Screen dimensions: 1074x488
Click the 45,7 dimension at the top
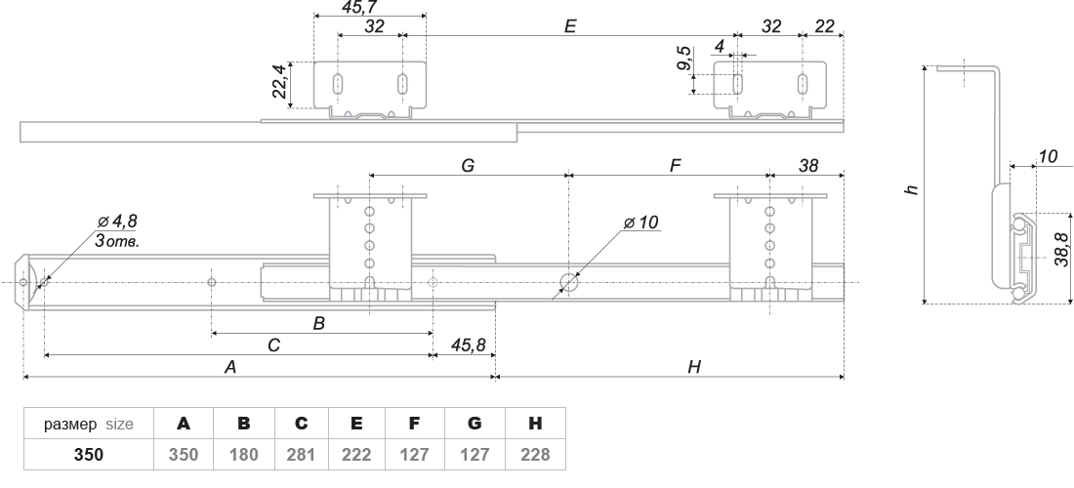(x=359, y=7)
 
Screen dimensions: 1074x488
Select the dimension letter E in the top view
(x=570, y=26)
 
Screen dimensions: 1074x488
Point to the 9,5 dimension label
(x=682, y=59)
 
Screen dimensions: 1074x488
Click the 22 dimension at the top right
(x=825, y=26)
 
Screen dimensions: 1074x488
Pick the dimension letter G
(x=468, y=166)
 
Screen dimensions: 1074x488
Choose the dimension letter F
(x=676, y=166)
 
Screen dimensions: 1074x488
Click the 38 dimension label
(x=808, y=166)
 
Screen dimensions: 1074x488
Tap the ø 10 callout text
(x=641, y=223)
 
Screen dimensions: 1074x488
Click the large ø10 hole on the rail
(x=568, y=281)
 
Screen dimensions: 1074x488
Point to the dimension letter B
(x=318, y=323)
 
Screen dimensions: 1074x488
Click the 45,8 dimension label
(x=469, y=345)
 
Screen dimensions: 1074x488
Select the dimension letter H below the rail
(x=694, y=367)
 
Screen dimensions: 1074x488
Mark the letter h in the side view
(x=910, y=188)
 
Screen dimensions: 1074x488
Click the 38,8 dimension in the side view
(x=1061, y=249)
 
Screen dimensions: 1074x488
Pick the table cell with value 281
(x=302, y=455)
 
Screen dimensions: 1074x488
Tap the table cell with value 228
(x=535, y=455)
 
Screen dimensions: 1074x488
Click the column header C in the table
(x=302, y=424)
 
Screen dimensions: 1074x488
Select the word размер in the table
(x=70, y=425)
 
